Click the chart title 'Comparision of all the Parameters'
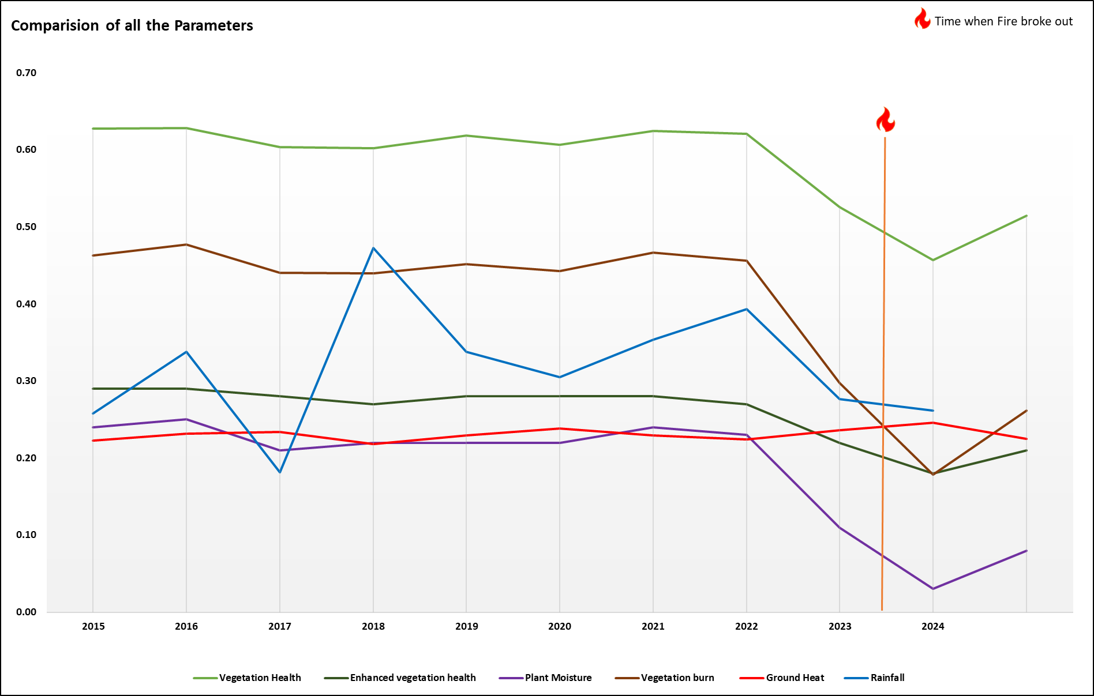132,25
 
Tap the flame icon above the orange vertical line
885,120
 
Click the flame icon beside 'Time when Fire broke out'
922,19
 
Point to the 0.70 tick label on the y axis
26,73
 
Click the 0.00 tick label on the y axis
26,612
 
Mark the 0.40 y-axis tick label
26,304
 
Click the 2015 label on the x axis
93,626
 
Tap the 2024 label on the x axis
933,626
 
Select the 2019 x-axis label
467,626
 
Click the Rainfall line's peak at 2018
373,248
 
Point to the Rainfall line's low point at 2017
280,472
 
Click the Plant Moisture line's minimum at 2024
933,589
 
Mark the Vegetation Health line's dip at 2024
933,260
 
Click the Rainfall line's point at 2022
747,309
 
